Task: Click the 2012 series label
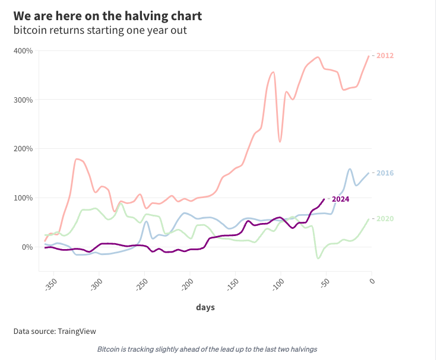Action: point(385,56)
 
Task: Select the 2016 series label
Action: point(385,173)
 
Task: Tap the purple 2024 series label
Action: point(340,199)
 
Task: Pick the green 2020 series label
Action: point(385,219)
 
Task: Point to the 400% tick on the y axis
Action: point(23,51)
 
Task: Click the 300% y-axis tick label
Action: point(23,100)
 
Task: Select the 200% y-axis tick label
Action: point(23,149)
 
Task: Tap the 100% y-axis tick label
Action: point(23,198)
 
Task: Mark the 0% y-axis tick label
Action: point(27,247)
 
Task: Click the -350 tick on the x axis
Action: point(50,284)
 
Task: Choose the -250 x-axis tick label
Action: point(141,284)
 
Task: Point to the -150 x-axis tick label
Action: point(232,284)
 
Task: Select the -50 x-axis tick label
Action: point(325,283)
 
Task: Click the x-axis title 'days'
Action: point(205,307)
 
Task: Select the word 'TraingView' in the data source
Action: point(77,332)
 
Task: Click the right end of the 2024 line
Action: point(324,199)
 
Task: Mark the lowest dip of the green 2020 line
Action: point(318,259)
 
